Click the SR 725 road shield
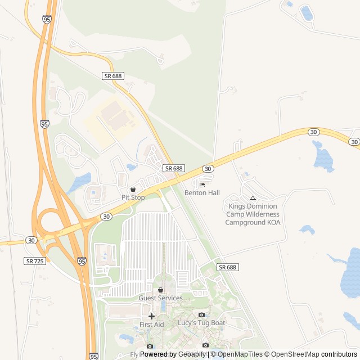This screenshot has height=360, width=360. coord(34,261)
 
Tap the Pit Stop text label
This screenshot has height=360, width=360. coord(133,197)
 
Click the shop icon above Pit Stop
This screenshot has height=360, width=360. coord(133,189)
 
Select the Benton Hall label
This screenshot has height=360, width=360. coord(202,193)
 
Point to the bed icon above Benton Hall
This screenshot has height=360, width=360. coord(202,184)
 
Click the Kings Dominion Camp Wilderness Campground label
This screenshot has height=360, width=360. coord(253,214)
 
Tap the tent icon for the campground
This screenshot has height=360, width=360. coord(253,198)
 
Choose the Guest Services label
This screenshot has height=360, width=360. coord(161,298)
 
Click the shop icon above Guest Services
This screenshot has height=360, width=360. coord(161,290)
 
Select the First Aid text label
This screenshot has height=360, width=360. coord(151,325)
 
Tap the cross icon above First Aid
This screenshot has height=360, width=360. coord(151,316)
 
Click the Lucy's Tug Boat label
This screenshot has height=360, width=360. coord(201,323)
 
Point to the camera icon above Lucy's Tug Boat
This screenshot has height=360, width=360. coord(201,314)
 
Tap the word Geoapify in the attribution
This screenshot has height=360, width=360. coord(192,354)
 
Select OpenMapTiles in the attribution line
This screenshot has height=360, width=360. coord(239,354)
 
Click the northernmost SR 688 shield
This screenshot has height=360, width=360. coord(113,76)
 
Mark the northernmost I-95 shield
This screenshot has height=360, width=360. coord(46,19)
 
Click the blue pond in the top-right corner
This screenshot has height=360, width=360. coord(307,12)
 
